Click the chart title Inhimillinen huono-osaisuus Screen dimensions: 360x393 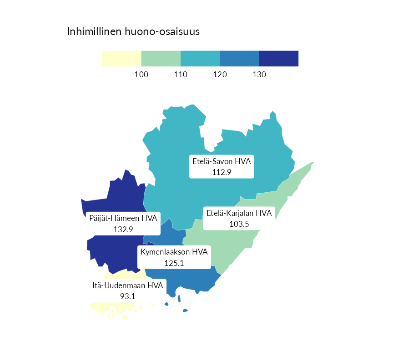[133, 32]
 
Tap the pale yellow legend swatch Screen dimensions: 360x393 [121, 59]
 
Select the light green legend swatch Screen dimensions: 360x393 [161, 59]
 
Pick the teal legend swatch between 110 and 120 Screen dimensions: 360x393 [200, 59]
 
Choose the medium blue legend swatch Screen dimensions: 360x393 [239, 59]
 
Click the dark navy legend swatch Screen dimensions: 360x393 [278, 59]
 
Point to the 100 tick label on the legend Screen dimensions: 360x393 [141, 75]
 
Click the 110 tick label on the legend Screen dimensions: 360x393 [181, 75]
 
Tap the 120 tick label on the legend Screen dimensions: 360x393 [220, 75]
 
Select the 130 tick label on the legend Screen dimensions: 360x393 [259, 75]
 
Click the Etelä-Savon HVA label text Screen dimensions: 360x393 [222, 161]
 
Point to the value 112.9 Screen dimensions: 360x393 [222, 172]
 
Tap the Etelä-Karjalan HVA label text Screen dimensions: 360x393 [239, 213]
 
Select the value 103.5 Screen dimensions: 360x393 [239, 224]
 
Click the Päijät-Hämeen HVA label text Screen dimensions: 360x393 [123, 219]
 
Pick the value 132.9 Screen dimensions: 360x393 [123, 229]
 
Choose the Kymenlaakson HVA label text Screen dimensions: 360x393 [174, 252]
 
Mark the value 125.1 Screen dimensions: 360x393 [174, 262]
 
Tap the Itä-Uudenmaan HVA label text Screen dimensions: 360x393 [127, 286]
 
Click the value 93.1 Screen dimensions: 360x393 [127, 296]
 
